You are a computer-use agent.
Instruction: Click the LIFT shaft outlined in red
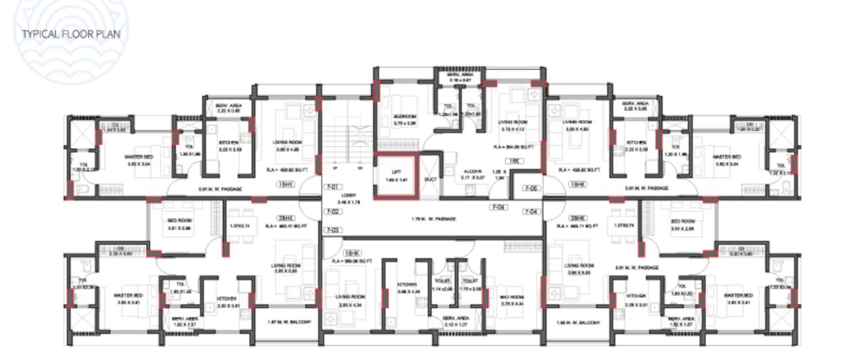tap(395, 175)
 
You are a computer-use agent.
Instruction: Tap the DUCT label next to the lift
tap(429, 179)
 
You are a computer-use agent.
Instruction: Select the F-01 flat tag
tap(332, 187)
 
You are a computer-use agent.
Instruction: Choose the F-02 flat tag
tap(332, 211)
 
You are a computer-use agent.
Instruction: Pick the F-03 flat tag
tap(332, 230)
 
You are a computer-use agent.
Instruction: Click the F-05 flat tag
tap(531, 189)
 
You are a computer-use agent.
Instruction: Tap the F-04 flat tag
tap(531, 211)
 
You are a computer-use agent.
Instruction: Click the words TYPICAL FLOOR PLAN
tap(71, 34)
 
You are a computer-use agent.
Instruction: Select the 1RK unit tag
tap(515, 160)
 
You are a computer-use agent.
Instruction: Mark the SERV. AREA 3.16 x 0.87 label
tap(460, 77)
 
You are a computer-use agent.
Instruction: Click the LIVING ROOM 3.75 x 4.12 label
tap(512, 125)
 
